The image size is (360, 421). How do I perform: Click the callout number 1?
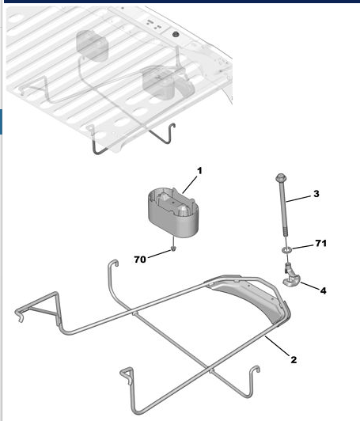pyautogui.click(x=199, y=170)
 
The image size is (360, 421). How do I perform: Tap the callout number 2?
pyautogui.click(x=294, y=359)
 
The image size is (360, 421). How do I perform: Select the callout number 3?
pyautogui.click(x=316, y=194)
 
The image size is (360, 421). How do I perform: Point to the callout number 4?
pyautogui.click(x=324, y=290)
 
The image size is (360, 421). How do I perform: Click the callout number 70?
pyautogui.click(x=140, y=260)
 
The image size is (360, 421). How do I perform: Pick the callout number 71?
pyautogui.click(x=320, y=243)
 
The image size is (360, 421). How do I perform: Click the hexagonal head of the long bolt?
pyautogui.click(x=280, y=177)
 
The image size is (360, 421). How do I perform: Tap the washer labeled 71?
pyautogui.click(x=286, y=250)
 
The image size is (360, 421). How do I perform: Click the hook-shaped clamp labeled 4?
pyautogui.click(x=290, y=277)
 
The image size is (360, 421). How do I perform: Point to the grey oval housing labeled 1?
pyautogui.click(x=173, y=212)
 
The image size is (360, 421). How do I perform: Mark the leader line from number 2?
pyautogui.click(x=278, y=345)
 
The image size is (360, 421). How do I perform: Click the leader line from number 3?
pyautogui.click(x=299, y=199)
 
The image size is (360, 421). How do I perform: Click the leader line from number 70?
pyautogui.click(x=160, y=254)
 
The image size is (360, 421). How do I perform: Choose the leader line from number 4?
pyautogui.click(x=310, y=286)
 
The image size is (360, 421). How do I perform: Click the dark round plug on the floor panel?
pyautogui.click(x=176, y=35)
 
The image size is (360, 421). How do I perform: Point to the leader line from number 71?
pyautogui.click(x=303, y=247)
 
